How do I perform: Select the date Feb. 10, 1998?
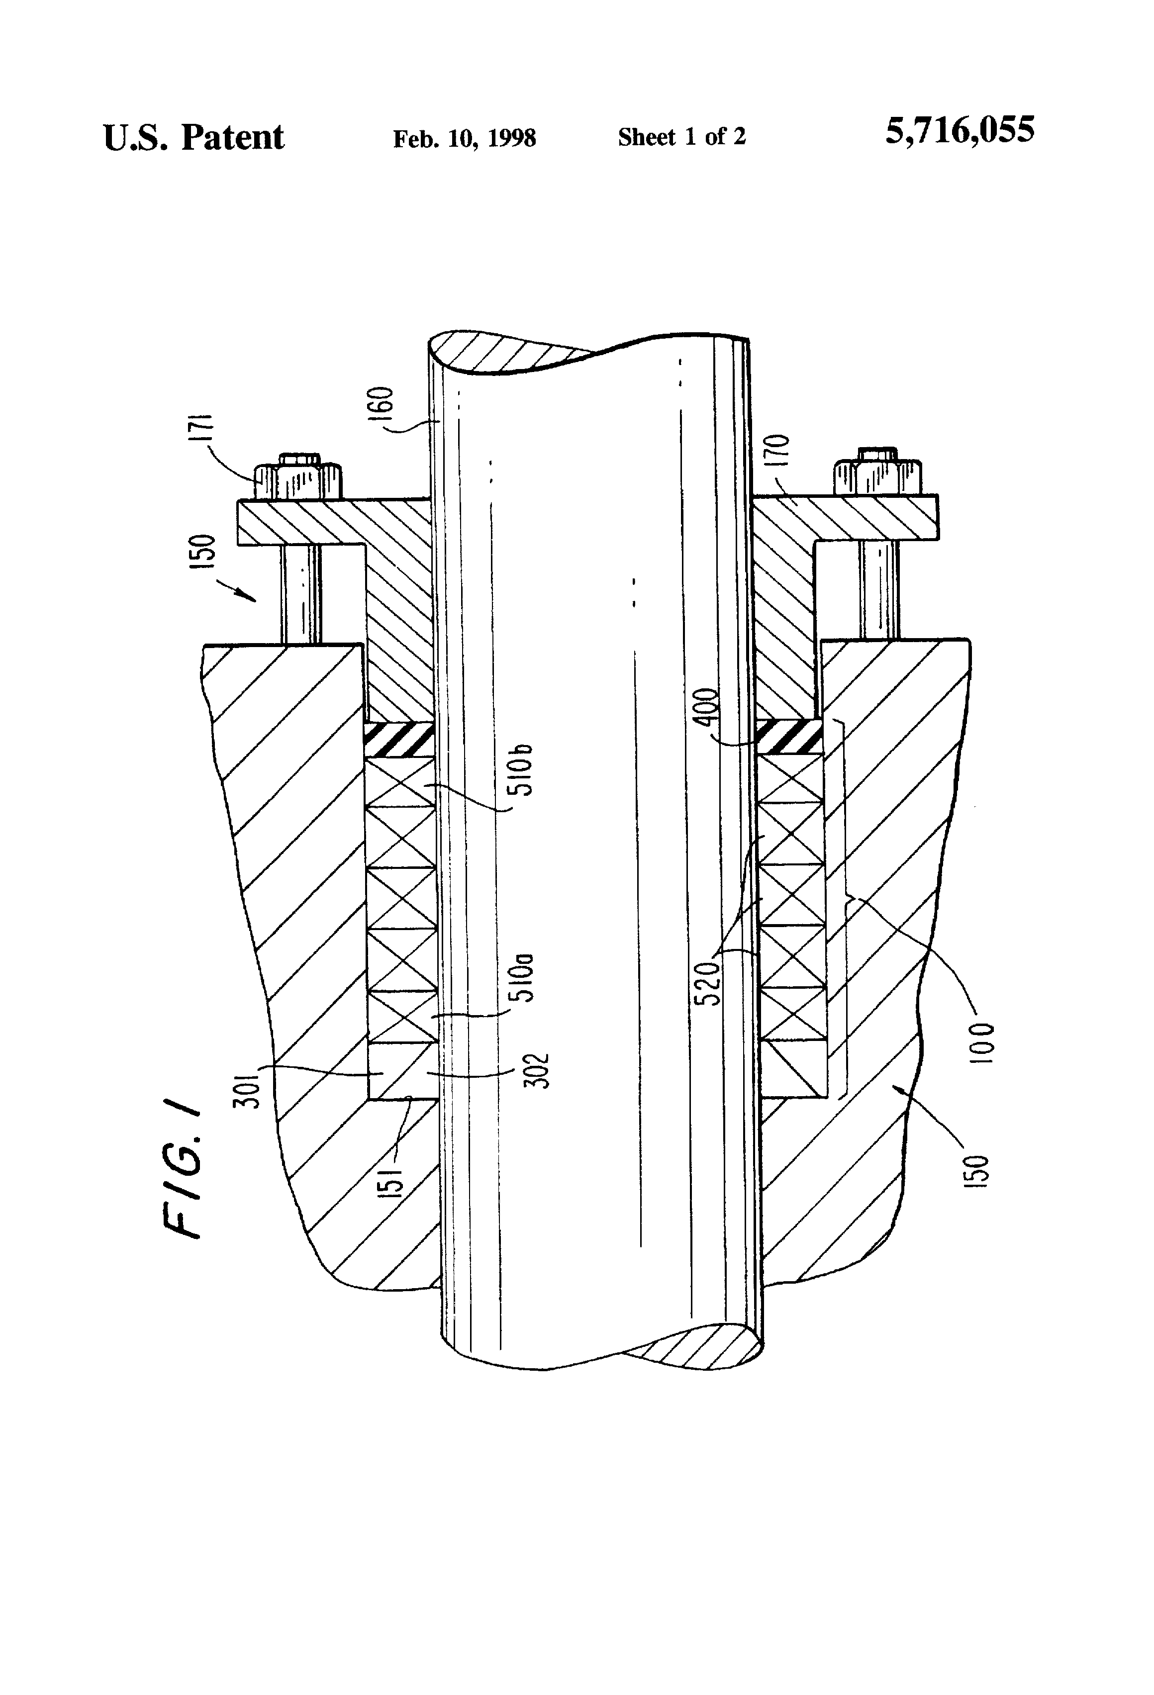coord(464,138)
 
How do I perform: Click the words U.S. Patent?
coord(193,137)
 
